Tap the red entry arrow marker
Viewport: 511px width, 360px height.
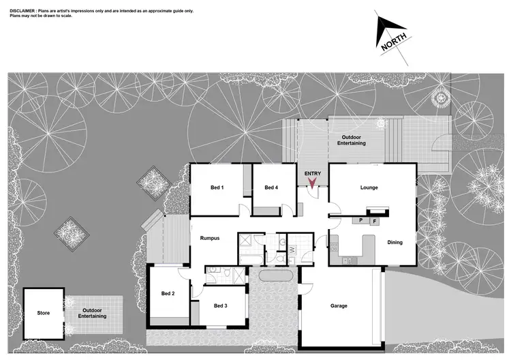click(x=313, y=183)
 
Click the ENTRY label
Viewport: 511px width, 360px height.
click(x=313, y=174)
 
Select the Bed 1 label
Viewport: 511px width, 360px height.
click(x=217, y=187)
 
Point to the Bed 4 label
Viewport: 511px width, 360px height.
click(x=271, y=187)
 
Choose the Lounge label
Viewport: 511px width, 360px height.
click(x=369, y=187)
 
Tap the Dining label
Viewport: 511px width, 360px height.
click(x=395, y=242)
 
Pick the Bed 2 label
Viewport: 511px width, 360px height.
click(x=168, y=293)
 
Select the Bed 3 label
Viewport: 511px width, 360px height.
click(x=220, y=305)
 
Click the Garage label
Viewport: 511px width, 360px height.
click(x=339, y=305)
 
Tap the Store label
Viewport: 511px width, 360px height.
click(x=44, y=314)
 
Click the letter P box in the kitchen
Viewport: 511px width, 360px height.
click(x=359, y=221)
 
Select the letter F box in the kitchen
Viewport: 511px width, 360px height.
click(x=373, y=222)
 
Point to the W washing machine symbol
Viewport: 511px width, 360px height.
click(x=292, y=250)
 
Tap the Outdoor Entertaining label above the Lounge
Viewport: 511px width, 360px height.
click(x=352, y=140)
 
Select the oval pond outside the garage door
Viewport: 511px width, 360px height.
click(x=276, y=277)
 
